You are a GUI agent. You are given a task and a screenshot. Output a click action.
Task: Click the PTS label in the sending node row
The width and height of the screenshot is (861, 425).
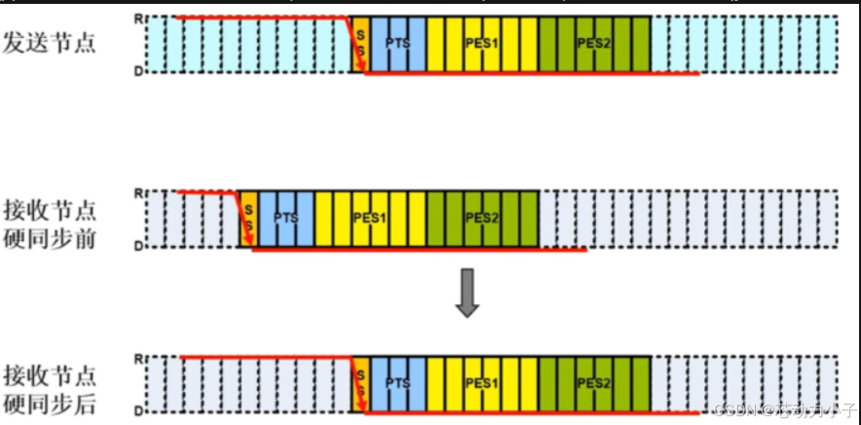(397, 43)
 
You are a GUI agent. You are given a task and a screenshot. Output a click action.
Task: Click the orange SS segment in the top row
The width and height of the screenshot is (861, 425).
(360, 45)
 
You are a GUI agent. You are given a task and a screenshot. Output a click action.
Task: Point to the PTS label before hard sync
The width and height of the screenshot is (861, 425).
(285, 218)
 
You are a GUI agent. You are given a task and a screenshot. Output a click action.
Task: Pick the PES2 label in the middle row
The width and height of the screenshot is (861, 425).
(481, 218)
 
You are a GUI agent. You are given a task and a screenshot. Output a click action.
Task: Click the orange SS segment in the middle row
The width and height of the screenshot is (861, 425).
(248, 219)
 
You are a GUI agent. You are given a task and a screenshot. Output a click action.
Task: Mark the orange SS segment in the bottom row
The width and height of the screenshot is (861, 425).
(360, 384)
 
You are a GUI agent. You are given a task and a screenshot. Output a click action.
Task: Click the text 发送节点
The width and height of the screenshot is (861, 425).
(50, 43)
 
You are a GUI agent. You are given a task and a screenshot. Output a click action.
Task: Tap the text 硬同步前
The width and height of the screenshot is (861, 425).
(50, 240)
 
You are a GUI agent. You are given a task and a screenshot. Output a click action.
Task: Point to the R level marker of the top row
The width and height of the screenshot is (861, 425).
(137, 18)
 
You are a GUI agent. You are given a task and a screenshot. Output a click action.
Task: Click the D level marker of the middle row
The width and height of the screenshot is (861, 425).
(137, 247)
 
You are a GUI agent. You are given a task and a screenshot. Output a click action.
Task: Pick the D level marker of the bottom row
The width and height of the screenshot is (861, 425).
(137, 412)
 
